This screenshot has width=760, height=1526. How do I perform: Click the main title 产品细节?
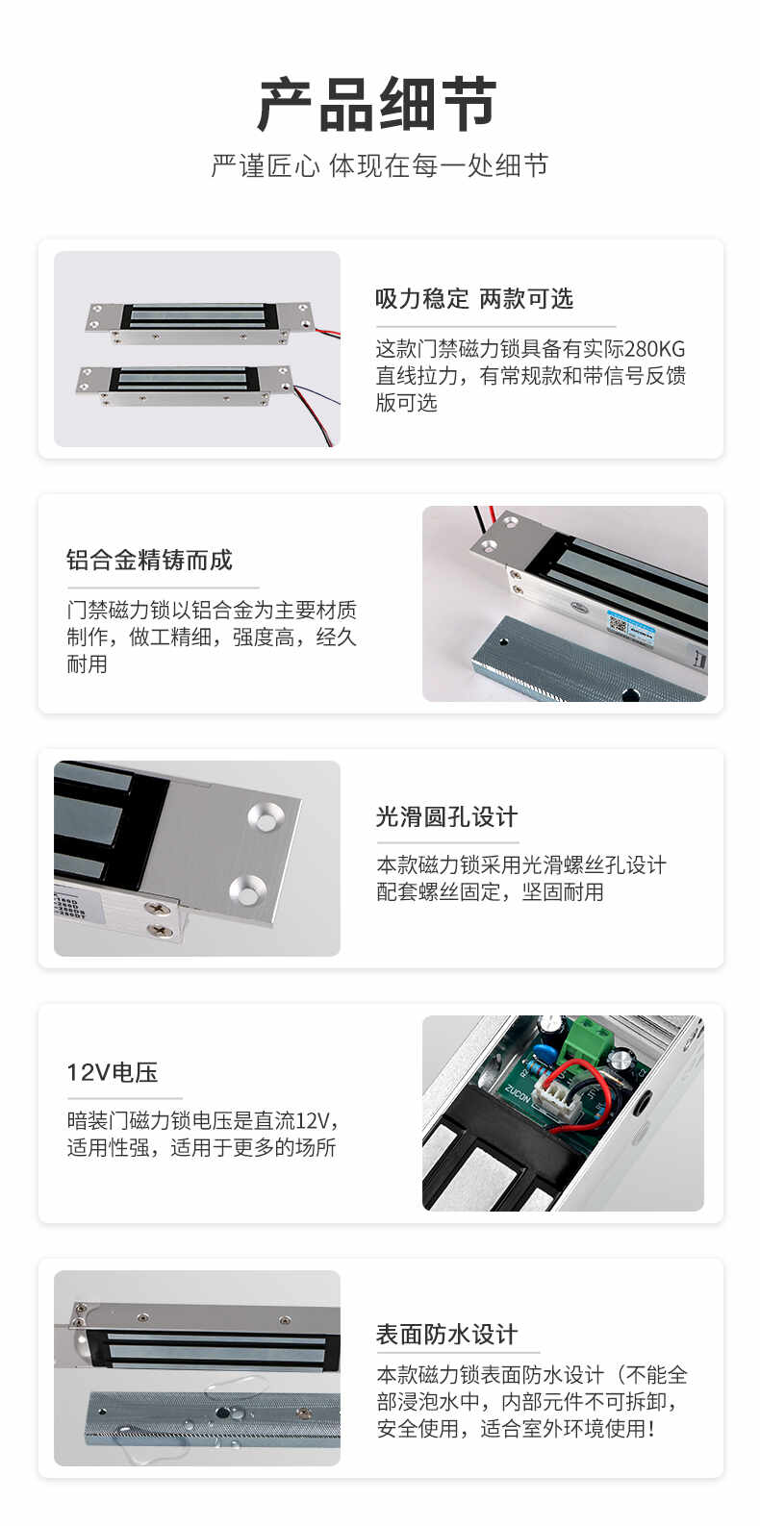click(377, 104)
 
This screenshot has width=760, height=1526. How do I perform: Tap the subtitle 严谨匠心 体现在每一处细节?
click(380, 165)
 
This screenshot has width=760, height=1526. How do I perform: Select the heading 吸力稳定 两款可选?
click(473, 298)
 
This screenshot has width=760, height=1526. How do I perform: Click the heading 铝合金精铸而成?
click(149, 560)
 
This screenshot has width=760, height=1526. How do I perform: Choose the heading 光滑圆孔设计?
click(447, 816)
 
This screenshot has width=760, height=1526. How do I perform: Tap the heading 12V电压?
click(112, 1072)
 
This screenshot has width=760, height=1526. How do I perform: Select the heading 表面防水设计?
click(447, 1334)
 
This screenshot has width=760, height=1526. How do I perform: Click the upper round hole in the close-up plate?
click(266, 817)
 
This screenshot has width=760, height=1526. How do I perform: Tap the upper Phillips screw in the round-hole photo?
click(158, 908)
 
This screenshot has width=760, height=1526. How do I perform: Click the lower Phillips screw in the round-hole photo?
click(161, 929)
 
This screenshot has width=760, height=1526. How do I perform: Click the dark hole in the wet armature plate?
click(223, 1413)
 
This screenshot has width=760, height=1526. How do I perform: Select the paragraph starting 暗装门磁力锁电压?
click(202, 1134)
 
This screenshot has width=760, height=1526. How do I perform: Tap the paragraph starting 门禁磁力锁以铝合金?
click(212, 637)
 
